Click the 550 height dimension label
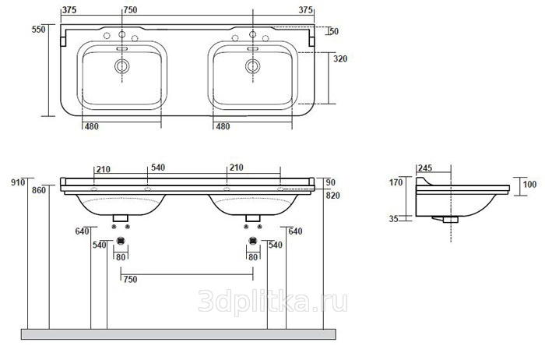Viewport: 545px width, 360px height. coord(39,29)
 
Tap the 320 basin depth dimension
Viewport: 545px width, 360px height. coord(340,58)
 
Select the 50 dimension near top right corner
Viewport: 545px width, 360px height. coord(334,31)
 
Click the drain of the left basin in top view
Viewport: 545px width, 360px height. coord(122,66)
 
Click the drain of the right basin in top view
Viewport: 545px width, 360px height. coord(253,66)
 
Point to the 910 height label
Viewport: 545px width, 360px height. coord(18,182)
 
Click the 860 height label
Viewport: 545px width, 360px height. coord(39,190)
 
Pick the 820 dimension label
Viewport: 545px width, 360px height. coord(333,196)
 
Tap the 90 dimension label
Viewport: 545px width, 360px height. coord(331,182)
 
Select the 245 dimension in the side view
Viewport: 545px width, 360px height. coord(425,168)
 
